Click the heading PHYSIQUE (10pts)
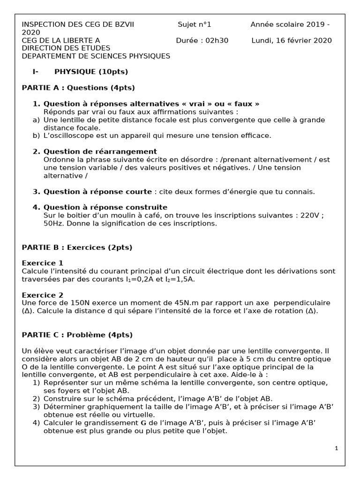(x=91, y=72)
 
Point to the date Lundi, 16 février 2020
(x=292, y=40)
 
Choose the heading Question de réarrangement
(x=100, y=151)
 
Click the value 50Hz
(x=53, y=224)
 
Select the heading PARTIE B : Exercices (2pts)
(x=77, y=247)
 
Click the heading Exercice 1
(x=42, y=263)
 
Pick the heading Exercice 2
(x=42, y=295)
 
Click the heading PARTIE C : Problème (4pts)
(x=77, y=335)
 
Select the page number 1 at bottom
(x=337, y=449)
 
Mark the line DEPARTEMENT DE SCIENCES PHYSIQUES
(x=96, y=56)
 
